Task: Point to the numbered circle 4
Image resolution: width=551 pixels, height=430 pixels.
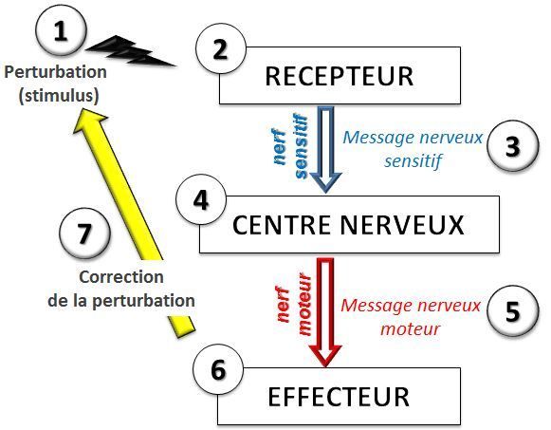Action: click(199, 202)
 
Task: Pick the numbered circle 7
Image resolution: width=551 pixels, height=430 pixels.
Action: click(84, 234)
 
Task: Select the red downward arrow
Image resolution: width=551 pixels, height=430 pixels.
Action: click(327, 313)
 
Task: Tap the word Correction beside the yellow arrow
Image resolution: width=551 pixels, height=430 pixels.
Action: click(122, 278)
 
